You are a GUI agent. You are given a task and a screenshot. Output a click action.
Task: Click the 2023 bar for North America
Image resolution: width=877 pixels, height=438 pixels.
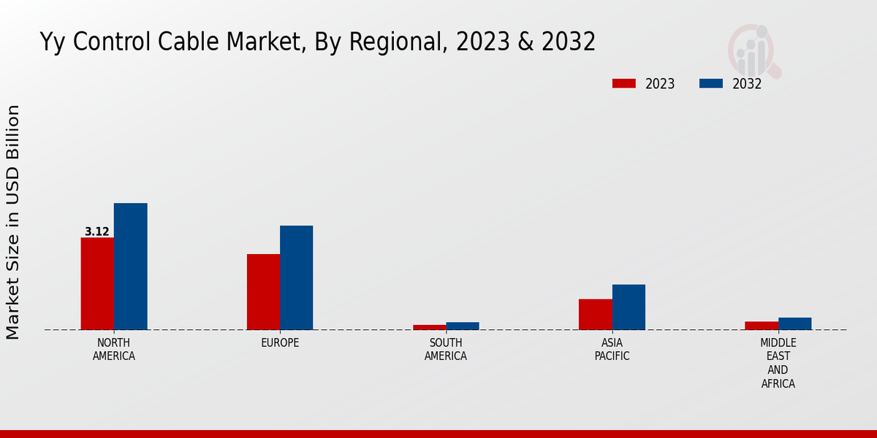[97, 283]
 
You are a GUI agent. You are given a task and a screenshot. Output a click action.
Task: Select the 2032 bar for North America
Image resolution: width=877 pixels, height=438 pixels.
[130, 266]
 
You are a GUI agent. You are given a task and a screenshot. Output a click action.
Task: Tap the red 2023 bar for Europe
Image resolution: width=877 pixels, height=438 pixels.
[263, 292]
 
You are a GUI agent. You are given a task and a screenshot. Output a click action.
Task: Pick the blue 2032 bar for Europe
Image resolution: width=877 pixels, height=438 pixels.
[296, 277]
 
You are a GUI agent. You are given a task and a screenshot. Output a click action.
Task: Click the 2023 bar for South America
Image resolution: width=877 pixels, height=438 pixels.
[429, 327]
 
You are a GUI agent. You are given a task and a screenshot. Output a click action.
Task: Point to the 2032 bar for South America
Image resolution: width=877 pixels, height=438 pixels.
[463, 326]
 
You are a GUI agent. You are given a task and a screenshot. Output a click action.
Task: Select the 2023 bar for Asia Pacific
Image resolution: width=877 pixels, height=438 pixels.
[595, 314]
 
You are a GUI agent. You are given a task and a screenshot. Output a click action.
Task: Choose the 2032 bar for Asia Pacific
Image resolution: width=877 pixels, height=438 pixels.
[629, 307]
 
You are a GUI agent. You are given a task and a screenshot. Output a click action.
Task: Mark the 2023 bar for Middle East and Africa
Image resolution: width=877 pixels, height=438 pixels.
[762, 326]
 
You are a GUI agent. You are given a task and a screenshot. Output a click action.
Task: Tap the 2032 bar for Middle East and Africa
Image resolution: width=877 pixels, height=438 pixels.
[794, 323]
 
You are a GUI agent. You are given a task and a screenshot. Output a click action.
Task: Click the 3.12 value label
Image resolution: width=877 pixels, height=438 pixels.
[96, 232]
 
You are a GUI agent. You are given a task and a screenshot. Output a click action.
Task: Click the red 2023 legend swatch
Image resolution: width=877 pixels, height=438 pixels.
[624, 83]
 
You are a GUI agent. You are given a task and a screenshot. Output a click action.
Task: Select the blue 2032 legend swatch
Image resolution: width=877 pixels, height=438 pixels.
[711, 83]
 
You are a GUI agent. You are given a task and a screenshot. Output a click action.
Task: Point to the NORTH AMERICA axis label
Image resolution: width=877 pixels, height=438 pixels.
[113, 349]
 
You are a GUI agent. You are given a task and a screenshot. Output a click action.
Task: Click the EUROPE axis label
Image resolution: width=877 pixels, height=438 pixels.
[280, 342]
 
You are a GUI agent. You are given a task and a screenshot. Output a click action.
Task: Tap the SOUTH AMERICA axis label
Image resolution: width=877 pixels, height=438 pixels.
[446, 349]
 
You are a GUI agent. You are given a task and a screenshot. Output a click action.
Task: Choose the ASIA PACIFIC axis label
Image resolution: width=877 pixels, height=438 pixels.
[612, 349]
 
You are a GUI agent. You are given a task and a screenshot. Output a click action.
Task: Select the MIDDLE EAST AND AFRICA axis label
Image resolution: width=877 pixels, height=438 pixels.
[778, 363]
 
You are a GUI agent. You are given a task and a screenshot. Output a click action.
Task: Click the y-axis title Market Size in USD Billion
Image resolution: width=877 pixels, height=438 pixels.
[13, 222]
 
